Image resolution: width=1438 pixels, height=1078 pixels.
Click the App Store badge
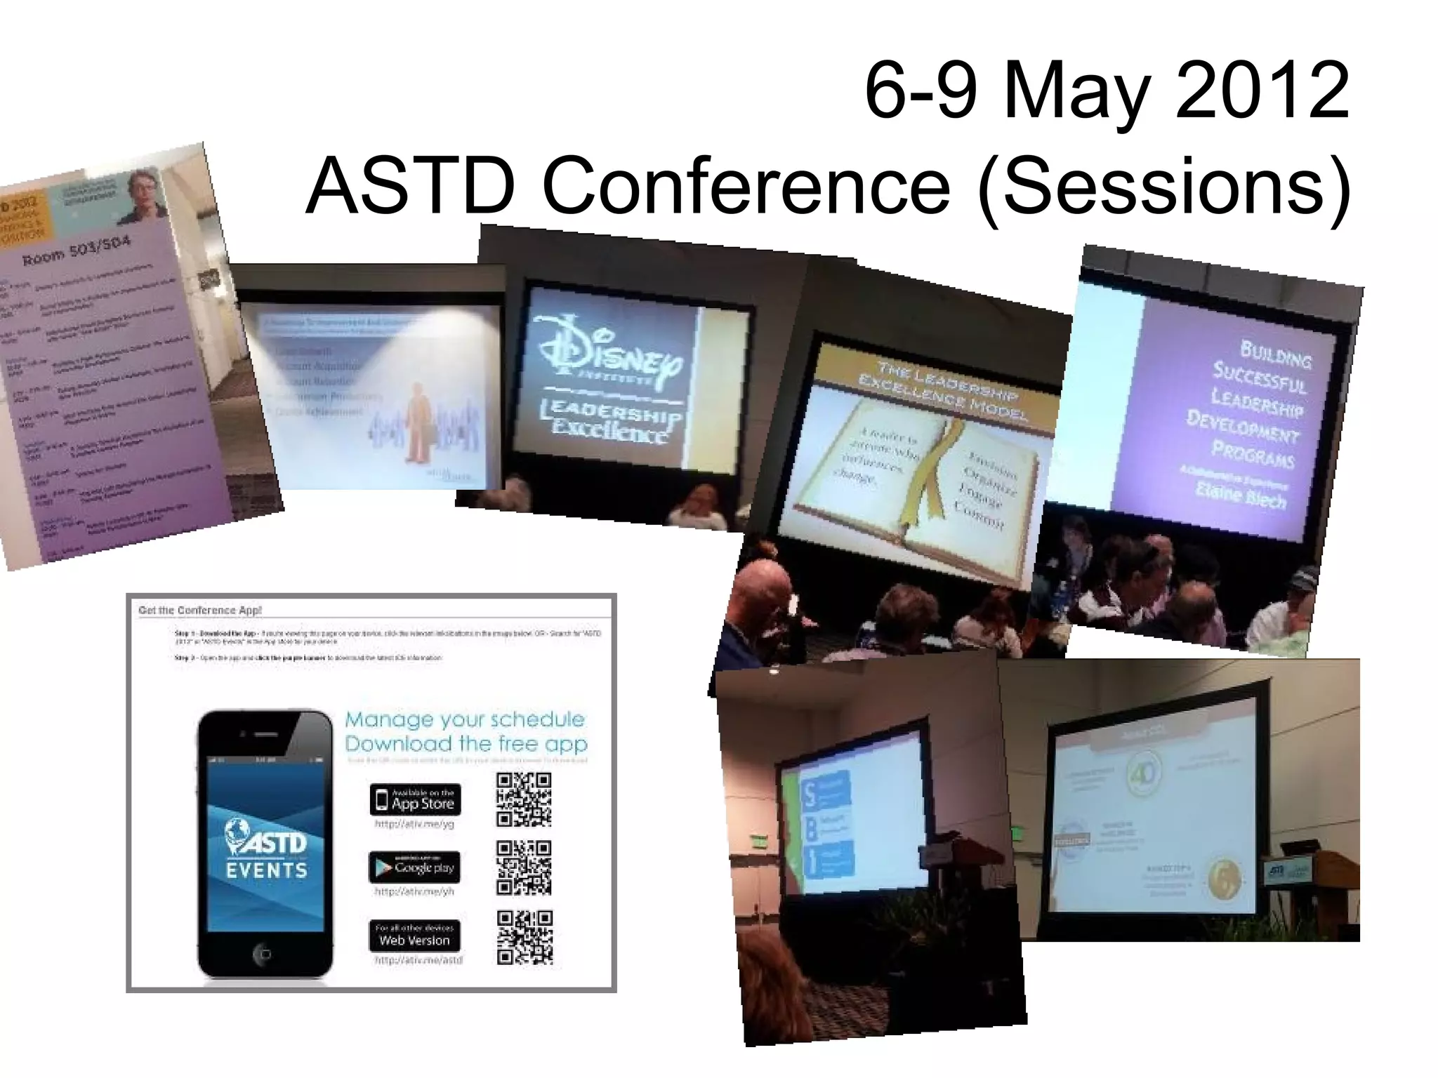click(415, 799)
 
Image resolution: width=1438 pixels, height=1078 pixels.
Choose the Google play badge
click(414, 867)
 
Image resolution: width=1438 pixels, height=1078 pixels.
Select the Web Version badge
click(414, 936)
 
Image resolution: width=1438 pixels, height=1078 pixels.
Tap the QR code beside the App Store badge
click(524, 799)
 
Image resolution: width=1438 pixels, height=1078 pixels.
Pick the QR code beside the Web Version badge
click(525, 938)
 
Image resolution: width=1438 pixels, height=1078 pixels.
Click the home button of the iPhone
click(263, 954)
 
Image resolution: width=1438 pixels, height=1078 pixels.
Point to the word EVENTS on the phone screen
click(267, 871)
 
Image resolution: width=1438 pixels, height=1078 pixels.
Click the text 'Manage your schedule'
click(465, 719)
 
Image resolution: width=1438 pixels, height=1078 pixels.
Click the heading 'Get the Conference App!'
click(200, 610)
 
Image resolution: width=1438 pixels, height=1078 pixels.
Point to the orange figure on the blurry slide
click(417, 421)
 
